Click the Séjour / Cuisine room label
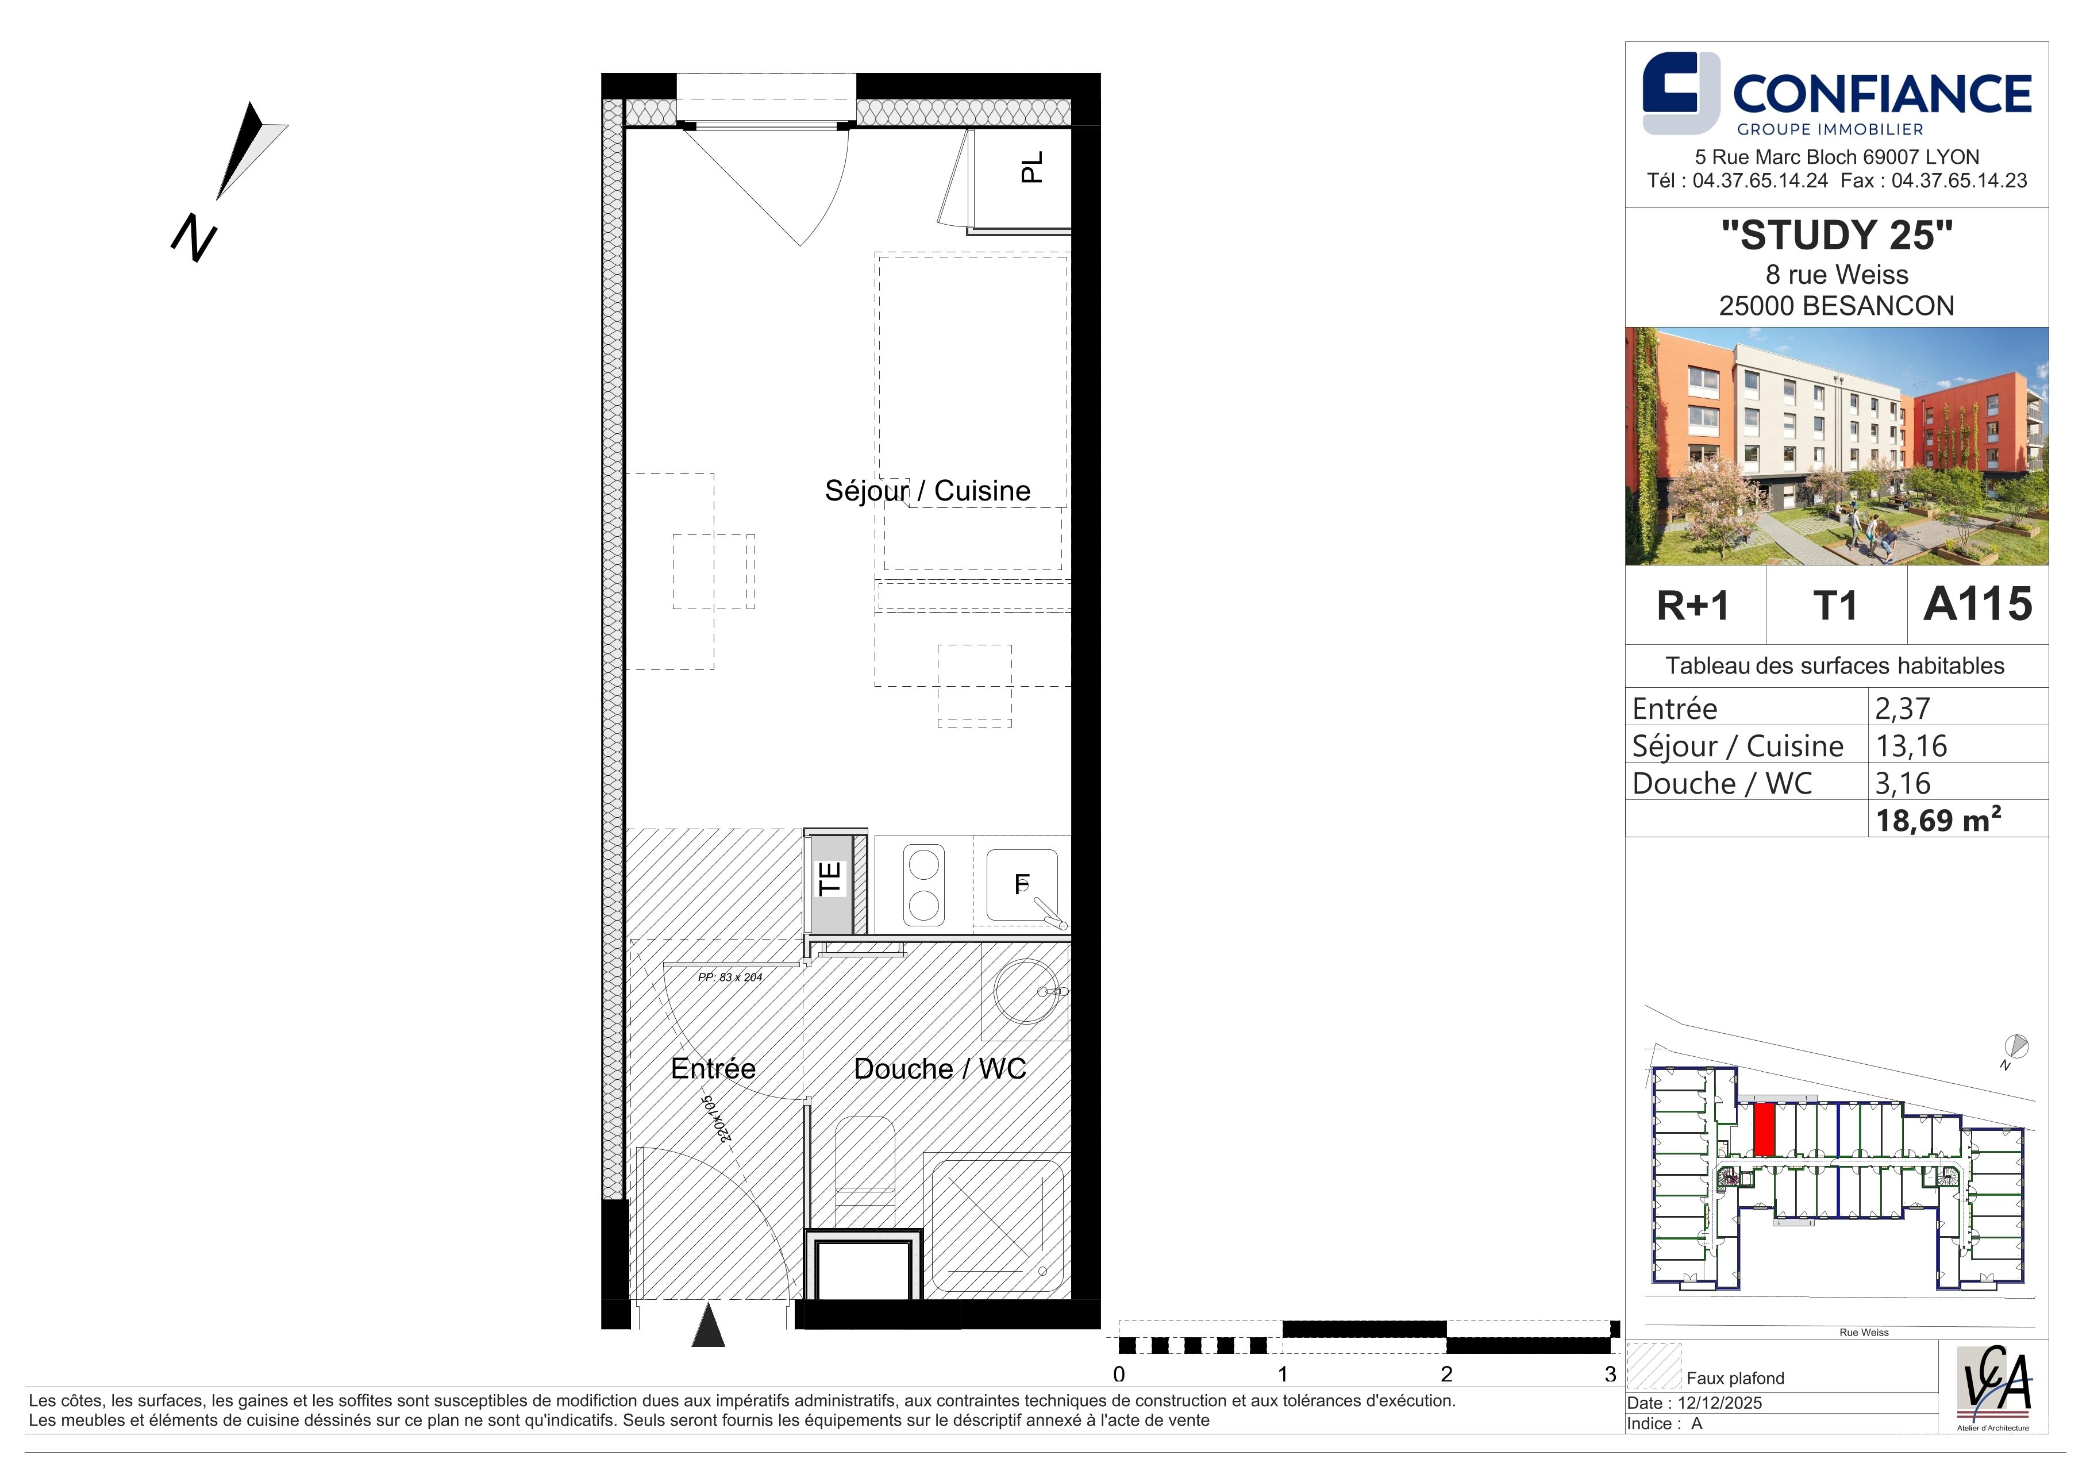pos(927,491)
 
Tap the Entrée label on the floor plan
pos(713,1068)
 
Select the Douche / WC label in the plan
pos(940,1068)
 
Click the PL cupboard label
pos(1031,167)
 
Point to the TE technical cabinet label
pos(829,879)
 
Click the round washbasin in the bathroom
pos(1025,992)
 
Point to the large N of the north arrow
pos(194,238)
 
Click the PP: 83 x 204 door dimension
pos(730,977)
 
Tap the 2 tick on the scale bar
pos(1446,1374)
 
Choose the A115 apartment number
pos(1977,605)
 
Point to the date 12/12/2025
pos(1721,1403)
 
